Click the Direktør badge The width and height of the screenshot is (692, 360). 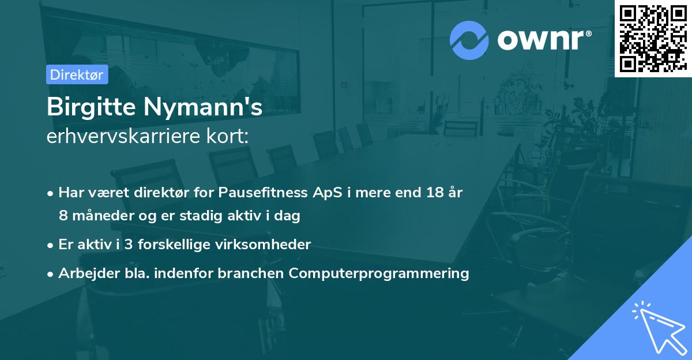click(77, 74)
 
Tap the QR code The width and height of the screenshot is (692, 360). click(653, 38)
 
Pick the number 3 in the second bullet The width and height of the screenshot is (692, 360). click(129, 245)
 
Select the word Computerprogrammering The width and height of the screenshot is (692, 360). click(379, 273)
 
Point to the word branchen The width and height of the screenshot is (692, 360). click(250, 273)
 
